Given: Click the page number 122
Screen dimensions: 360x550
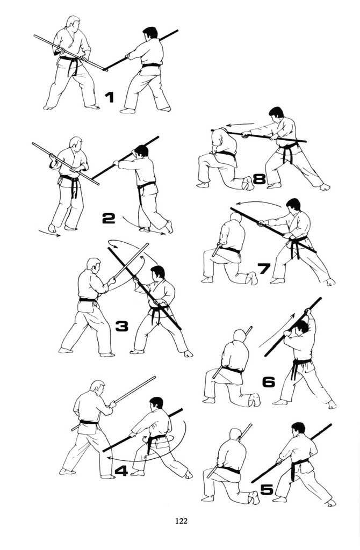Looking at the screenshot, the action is [x=182, y=521].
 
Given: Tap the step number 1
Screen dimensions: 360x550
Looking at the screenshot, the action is [x=110, y=97].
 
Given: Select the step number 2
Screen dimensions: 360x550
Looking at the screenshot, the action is [x=109, y=219].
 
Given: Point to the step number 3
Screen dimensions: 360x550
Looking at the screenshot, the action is [x=122, y=327].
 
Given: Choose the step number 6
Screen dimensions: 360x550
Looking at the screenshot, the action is [x=269, y=382].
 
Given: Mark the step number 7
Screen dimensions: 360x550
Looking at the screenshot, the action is [x=263, y=269].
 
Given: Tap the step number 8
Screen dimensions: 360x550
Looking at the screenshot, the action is [x=259, y=179].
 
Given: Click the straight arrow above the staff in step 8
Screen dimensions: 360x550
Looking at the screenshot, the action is [x=240, y=124].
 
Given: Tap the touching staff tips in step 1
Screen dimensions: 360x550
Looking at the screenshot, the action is [x=106, y=70].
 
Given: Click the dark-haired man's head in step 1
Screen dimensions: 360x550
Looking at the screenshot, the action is [x=150, y=34].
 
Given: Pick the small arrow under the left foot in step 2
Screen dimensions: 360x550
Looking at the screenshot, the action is [x=49, y=233].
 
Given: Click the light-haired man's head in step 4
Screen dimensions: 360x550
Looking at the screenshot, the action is [x=97, y=388].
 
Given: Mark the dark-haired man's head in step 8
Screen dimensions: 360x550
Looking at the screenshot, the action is [x=276, y=113].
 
